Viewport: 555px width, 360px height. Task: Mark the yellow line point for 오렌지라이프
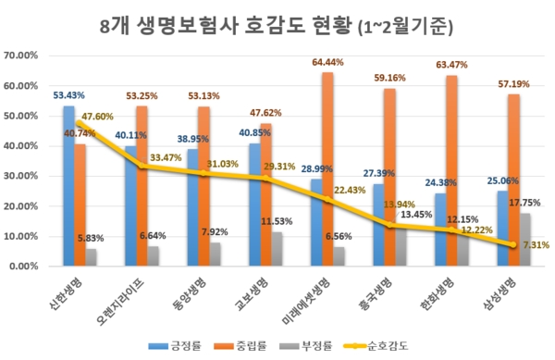pyautogui.click(x=142, y=167)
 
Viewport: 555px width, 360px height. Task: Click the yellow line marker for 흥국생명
pyautogui.click(x=389, y=225)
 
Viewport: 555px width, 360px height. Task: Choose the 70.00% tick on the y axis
pyautogui.click(x=21, y=56)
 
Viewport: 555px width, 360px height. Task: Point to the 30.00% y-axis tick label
pyautogui.click(x=21, y=176)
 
